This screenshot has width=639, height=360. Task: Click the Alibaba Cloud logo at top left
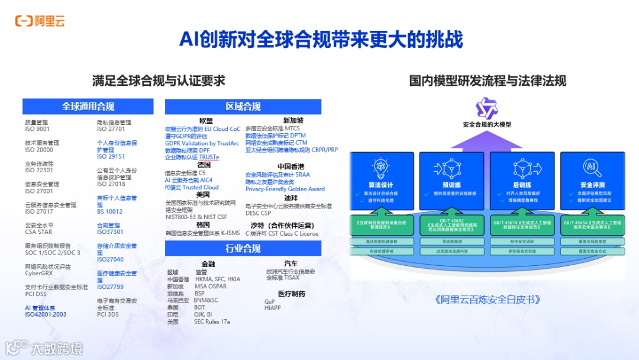(40, 21)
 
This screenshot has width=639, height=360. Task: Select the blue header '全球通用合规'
(88, 107)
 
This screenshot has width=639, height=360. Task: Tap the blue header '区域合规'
(243, 107)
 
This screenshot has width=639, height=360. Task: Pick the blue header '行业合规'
(243, 248)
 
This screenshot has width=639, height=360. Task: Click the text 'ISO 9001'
(37, 129)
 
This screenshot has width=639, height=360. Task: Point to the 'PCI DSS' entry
(35, 294)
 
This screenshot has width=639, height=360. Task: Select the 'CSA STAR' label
(38, 232)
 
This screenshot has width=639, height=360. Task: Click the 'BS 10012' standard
(109, 211)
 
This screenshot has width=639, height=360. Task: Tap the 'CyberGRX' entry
(39, 274)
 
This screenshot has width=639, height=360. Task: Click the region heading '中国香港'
(291, 166)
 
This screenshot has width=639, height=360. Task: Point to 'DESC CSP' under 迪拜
(258, 213)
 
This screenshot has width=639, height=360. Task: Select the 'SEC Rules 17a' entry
(211, 322)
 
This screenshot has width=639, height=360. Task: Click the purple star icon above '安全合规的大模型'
(488, 108)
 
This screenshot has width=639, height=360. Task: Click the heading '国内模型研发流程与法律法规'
(488, 81)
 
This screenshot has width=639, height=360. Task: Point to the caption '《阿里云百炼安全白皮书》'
(488, 300)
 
